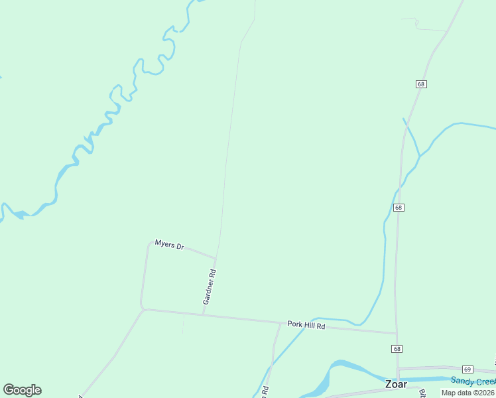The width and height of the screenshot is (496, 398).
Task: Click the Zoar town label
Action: pyautogui.click(x=397, y=384)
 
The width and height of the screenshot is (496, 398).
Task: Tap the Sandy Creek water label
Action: pyautogui.click(x=473, y=380)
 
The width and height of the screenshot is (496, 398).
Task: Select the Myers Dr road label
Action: pyautogui.click(x=169, y=245)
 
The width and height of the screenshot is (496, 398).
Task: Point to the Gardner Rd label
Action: pyautogui.click(x=210, y=287)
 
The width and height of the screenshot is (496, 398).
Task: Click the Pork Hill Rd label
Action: pyautogui.click(x=306, y=325)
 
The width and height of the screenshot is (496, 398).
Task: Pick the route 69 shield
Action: pyautogui.click(x=467, y=369)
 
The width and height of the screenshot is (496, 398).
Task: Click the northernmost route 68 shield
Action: pyautogui.click(x=421, y=84)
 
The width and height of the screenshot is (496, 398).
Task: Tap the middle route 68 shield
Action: pyautogui.click(x=398, y=208)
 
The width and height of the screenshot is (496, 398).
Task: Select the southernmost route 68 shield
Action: pyautogui.click(x=397, y=349)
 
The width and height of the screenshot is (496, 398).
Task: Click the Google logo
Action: pyautogui.click(x=22, y=390)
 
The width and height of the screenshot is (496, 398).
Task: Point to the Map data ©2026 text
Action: pyautogui.click(x=468, y=393)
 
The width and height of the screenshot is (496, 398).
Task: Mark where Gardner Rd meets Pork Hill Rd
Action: pyautogui.click(x=203, y=314)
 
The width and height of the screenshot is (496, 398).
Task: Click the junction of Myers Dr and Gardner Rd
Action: pyautogui.click(x=216, y=257)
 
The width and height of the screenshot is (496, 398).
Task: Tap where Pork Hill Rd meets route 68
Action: pyautogui.click(x=397, y=333)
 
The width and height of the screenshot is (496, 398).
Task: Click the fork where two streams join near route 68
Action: pyautogui.click(x=419, y=156)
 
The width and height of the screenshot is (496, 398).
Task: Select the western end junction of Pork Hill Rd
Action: pyautogui.click(x=143, y=309)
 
